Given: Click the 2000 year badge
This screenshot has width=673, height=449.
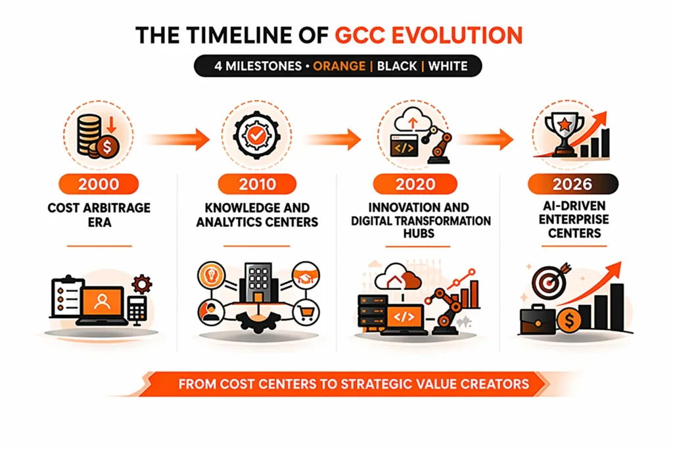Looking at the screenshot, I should (x=99, y=183).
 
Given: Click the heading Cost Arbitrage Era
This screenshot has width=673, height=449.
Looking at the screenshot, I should (x=98, y=215).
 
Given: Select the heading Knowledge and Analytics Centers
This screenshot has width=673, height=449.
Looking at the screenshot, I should (x=256, y=215).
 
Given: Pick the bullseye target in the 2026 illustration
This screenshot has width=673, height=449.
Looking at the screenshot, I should (x=546, y=282).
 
